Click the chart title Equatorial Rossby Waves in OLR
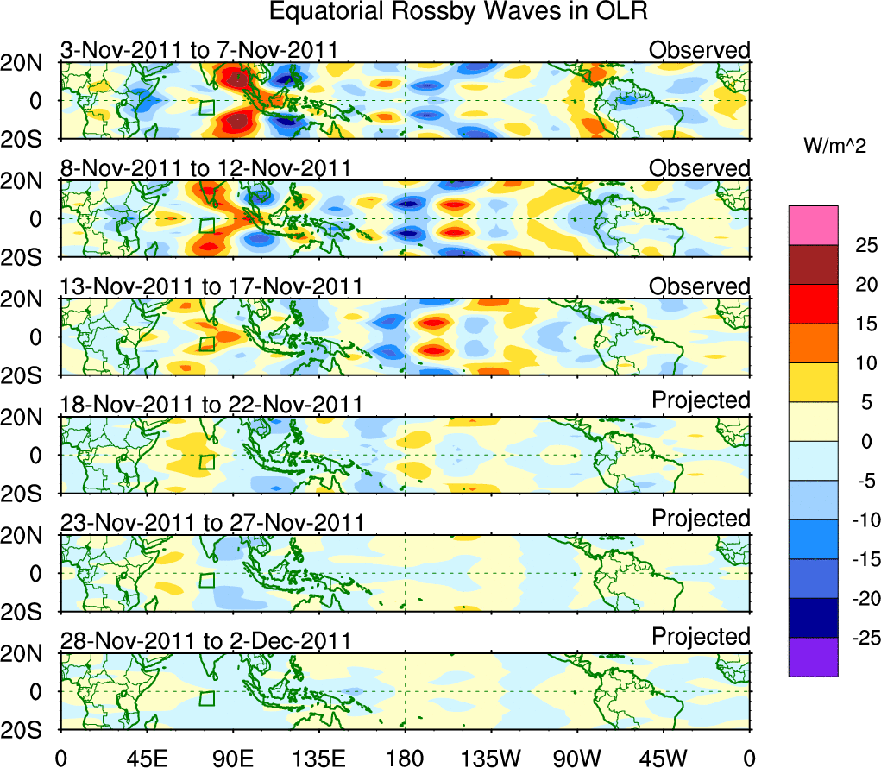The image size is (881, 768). [x=458, y=13]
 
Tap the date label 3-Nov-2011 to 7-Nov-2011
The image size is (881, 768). [x=198, y=50]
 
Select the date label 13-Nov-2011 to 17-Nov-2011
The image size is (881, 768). [x=211, y=286]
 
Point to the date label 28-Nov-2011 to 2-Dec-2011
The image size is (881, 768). [x=205, y=641]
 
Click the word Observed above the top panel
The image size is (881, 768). [x=700, y=50]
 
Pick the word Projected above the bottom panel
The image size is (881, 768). [x=701, y=637]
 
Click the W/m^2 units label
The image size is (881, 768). [x=835, y=147]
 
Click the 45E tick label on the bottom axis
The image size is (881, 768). [x=147, y=758]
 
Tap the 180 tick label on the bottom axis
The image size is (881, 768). [x=405, y=758]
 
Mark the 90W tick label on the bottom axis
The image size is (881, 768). [x=577, y=758]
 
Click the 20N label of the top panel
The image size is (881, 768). [x=29, y=63]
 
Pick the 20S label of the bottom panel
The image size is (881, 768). [x=29, y=730]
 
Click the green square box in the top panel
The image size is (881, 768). [x=206, y=108]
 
